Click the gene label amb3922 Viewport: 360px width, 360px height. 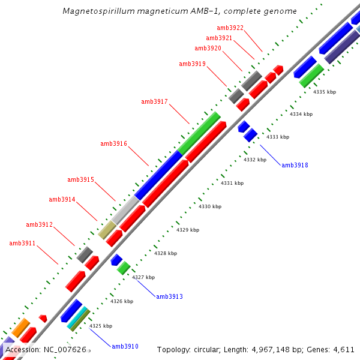[230, 28]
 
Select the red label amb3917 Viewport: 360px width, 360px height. [154, 101]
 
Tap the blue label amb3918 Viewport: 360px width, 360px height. [295, 165]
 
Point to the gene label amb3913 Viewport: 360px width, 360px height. [169, 296]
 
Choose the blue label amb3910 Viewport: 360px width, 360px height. [125, 346]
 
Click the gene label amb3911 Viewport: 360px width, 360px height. [22, 243]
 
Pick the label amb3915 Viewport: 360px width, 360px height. [80, 179]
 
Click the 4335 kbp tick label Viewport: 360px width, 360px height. [325, 92]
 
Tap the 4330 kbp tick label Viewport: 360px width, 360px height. [210, 206]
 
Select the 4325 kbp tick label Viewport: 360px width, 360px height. [101, 326]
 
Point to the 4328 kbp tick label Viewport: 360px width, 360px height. [166, 253]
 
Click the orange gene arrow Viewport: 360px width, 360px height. [20, 328]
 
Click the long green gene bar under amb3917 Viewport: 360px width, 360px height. [199, 133]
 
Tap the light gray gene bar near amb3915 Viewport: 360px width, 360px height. [126, 210]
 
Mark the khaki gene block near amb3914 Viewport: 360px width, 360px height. [107, 230]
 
